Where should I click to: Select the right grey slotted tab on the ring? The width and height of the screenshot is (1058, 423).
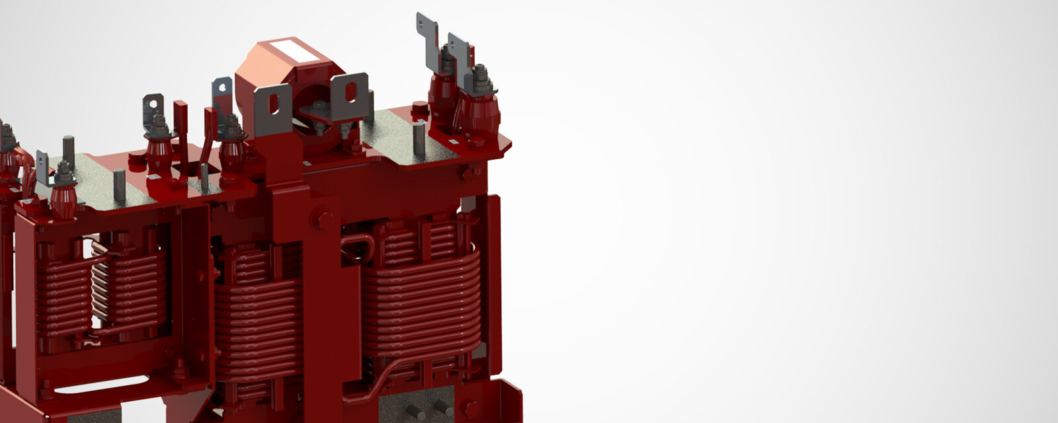pyautogui.click(x=350, y=95)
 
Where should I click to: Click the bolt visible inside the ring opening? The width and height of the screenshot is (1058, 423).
pyautogui.click(x=319, y=109)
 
